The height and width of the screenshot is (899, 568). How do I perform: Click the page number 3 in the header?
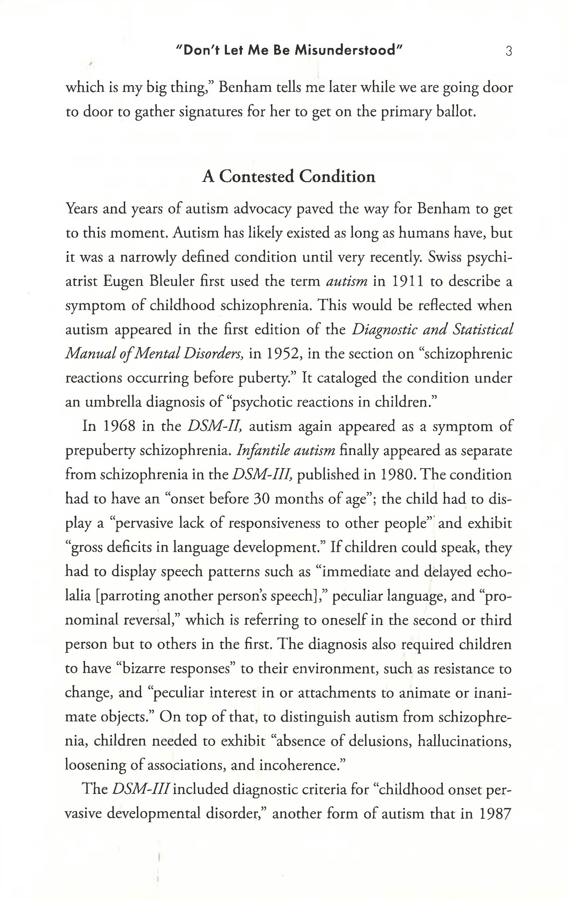pos(508,51)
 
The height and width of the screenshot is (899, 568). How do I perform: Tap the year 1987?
pos(496,814)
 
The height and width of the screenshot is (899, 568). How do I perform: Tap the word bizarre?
pos(144,668)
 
